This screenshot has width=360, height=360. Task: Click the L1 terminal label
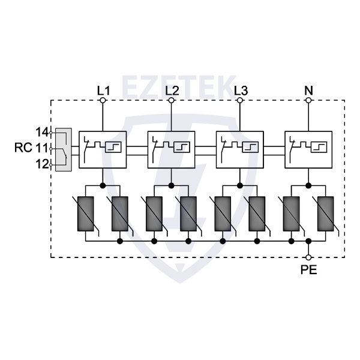[x=103, y=91]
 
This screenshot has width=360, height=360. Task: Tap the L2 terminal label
[x=172, y=91]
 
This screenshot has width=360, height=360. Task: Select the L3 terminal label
[x=240, y=91]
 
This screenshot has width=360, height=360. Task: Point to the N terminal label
[x=308, y=91]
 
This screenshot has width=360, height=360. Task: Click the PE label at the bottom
[x=309, y=269]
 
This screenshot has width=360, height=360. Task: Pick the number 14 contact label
[x=41, y=132]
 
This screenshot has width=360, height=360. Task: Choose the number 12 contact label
[x=41, y=163]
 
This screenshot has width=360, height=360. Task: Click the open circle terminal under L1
[x=103, y=101]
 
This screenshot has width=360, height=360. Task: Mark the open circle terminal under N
[x=308, y=101]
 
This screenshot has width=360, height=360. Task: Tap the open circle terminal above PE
[x=308, y=257]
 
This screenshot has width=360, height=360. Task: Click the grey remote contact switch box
[x=63, y=149]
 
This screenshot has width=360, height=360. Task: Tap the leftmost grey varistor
[x=86, y=214]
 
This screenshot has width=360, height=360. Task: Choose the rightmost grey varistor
[x=326, y=214]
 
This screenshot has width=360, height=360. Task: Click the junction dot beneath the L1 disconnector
[x=103, y=185]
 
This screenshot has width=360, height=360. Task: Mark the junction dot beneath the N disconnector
[x=308, y=185]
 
